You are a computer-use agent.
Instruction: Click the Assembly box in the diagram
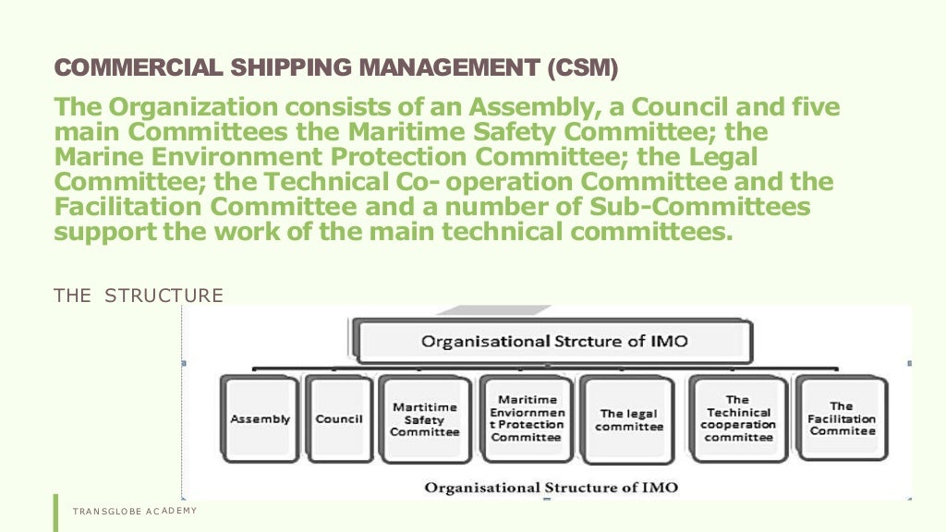coord(260,418)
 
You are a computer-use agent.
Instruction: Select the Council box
coord(339,418)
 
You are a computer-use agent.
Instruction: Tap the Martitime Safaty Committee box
coord(424,418)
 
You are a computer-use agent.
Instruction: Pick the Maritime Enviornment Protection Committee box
coord(527,418)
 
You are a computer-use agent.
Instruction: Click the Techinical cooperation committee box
coord(738,418)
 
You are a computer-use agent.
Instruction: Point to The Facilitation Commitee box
coord(842,418)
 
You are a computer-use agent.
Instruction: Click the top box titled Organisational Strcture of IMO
coord(554,341)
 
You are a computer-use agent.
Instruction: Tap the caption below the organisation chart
coord(551,487)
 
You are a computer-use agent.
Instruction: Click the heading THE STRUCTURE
coord(139,296)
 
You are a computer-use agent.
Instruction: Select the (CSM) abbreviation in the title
coord(582,67)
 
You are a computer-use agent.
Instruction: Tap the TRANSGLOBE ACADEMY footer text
coord(135,511)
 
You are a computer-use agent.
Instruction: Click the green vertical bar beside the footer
coord(55,513)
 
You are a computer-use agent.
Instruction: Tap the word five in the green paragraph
coord(813,108)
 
